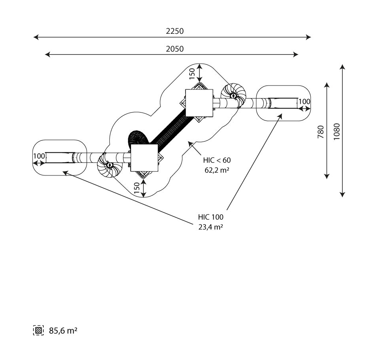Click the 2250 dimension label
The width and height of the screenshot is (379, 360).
(175, 31)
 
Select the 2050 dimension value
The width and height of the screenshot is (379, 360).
(175, 49)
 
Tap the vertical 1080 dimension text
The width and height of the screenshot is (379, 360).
(337, 131)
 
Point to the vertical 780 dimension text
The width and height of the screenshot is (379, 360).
(321, 132)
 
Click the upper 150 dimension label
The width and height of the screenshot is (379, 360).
(192, 74)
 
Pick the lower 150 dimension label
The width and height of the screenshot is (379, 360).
(137, 188)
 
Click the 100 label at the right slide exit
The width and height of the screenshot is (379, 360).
(304, 101)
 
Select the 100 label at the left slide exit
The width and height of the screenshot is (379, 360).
(39, 156)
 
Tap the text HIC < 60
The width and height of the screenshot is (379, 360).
(217, 160)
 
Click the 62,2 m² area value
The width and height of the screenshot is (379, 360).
(217, 170)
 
